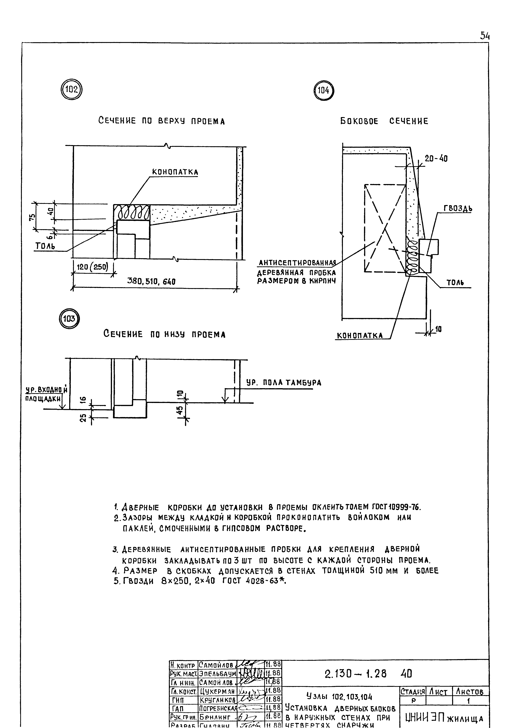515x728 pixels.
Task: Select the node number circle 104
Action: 323,91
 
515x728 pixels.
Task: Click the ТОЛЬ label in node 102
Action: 45,246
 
